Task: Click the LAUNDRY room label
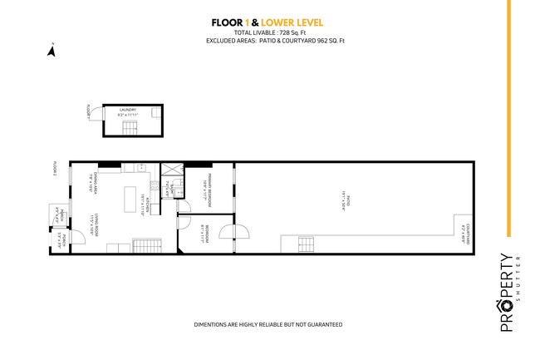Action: [127, 109]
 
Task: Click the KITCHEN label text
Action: [148, 203]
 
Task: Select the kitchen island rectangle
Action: [127, 200]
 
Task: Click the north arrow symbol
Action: [52, 51]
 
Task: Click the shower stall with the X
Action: [166, 169]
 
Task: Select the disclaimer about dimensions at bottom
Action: [268, 324]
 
